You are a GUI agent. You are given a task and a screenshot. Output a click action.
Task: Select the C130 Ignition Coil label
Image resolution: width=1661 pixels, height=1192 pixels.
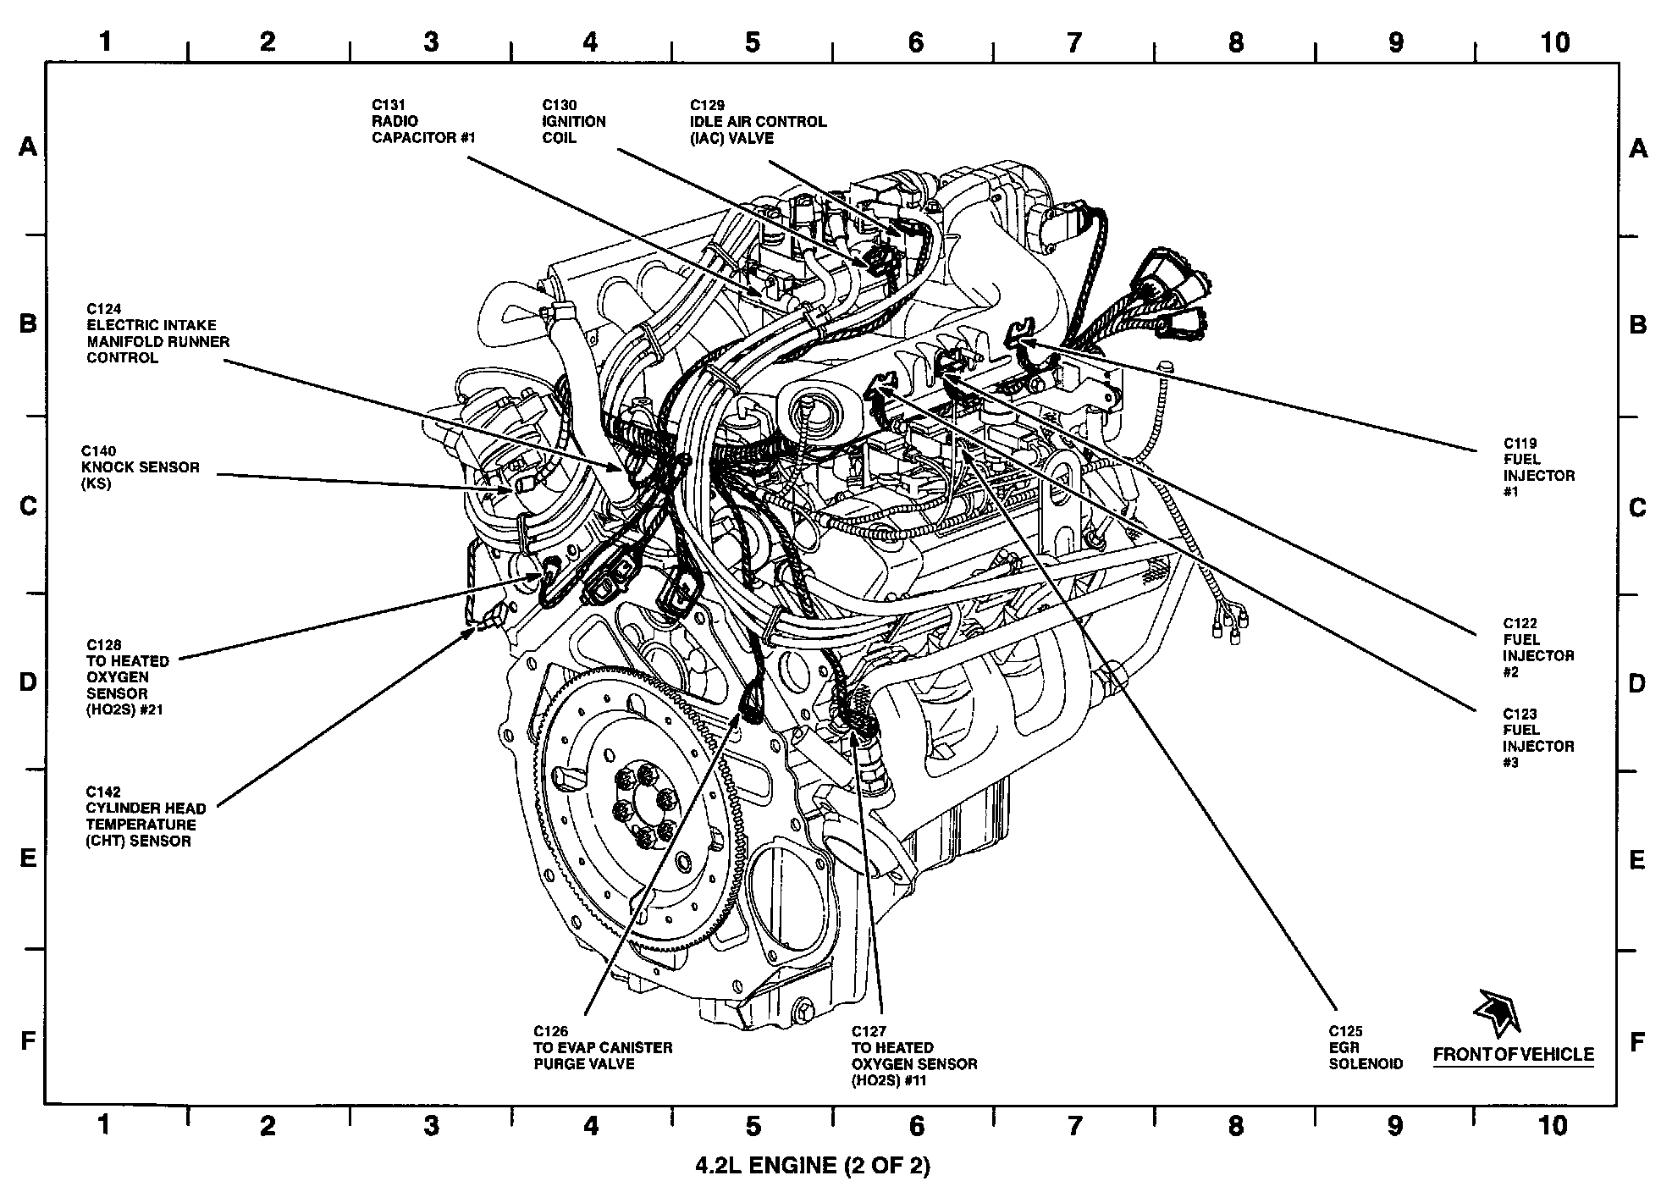click(573, 121)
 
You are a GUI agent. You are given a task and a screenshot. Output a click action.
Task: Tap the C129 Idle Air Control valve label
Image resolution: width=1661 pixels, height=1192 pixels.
click(757, 121)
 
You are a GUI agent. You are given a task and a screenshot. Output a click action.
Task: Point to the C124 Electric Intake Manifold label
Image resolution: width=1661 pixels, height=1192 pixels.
click(157, 334)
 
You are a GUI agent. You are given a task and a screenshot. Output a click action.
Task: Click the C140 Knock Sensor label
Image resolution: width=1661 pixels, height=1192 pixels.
click(140, 467)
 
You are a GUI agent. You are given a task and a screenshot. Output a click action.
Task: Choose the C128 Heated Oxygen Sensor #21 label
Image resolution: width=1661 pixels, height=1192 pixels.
click(127, 677)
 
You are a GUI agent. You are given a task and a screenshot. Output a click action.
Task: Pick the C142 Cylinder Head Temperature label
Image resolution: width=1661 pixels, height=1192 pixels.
click(145, 817)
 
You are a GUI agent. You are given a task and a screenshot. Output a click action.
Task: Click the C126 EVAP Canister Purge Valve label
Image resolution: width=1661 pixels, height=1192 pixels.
click(602, 1047)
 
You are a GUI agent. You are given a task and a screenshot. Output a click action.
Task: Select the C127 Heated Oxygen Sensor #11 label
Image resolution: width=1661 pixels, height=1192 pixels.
click(913, 1056)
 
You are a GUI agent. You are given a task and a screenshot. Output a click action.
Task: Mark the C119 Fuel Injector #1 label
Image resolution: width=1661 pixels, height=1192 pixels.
click(1538, 467)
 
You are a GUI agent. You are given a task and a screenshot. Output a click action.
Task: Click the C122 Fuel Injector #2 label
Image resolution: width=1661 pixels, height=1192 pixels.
click(1537, 648)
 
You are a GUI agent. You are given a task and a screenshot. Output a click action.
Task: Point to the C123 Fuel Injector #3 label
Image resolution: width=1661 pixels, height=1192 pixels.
click(1537, 738)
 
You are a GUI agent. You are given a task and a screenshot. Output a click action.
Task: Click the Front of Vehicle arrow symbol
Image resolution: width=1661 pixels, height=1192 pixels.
click(1496, 1013)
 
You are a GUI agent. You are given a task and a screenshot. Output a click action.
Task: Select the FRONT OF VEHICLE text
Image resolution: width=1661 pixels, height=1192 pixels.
click(1513, 1055)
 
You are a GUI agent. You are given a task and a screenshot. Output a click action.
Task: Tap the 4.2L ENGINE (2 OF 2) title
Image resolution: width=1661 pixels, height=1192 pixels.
click(812, 1166)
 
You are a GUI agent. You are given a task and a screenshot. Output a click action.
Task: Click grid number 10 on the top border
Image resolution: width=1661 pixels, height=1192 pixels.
click(1554, 42)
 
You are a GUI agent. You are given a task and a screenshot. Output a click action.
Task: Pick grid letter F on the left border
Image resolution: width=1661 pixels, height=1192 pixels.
click(28, 1040)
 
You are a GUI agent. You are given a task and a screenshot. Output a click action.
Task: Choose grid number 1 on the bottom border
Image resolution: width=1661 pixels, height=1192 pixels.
click(104, 1125)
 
